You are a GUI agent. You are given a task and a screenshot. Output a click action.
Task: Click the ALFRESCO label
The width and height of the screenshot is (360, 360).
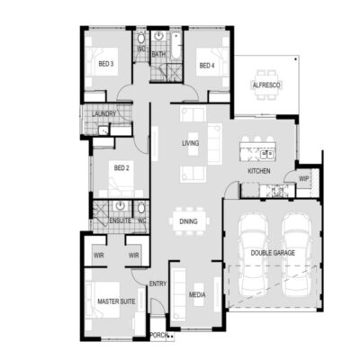click(x=266, y=85)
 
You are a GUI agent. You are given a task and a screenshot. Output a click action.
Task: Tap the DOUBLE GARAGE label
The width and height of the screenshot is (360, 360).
click(x=273, y=253)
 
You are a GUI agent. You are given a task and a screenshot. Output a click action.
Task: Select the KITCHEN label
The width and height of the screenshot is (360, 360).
click(x=259, y=171)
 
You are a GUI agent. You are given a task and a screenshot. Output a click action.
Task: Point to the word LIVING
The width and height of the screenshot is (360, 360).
click(x=191, y=143)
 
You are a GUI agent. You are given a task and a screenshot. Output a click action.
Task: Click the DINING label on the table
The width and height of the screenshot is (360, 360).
click(x=188, y=221)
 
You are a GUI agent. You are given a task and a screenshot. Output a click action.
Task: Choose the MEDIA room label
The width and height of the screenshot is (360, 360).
click(x=197, y=294)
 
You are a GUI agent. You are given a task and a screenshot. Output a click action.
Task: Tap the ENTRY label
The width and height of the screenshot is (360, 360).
click(x=157, y=283)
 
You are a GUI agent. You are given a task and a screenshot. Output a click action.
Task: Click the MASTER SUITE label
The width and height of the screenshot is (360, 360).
click(x=116, y=301)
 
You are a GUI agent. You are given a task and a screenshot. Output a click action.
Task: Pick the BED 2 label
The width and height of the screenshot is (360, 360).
click(x=121, y=168)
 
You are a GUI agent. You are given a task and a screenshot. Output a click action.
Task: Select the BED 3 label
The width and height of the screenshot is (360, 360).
click(x=106, y=64)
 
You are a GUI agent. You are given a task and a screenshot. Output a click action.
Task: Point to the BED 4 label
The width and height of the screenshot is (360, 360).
click(x=207, y=66)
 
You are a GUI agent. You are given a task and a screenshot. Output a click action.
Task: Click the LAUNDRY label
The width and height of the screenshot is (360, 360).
click(x=103, y=114)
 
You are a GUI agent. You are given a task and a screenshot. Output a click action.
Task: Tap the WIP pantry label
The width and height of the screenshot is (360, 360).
click(x=303, y=179)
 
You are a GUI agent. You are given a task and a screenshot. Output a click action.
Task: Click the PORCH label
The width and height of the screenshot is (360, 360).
click(x=158, y=335)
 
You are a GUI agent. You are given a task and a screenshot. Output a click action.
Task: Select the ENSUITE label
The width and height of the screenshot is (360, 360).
click(x=120, y=220)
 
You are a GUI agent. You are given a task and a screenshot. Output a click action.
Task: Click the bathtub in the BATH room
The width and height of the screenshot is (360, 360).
click(x=176, y=46)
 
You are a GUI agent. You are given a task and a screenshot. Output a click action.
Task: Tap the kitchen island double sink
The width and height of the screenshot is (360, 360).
click(x=266, y=155)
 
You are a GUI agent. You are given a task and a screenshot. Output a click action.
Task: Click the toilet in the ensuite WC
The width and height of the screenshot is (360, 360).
click(x=141, y=208)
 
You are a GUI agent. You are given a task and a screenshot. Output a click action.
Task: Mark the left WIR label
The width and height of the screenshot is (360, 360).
click(x=99, y=256)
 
